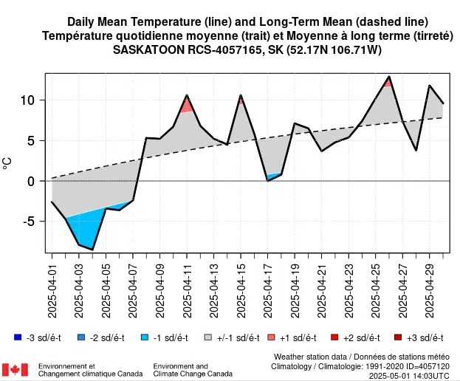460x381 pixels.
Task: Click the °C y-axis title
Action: pyautogui.click(x=8, y=161)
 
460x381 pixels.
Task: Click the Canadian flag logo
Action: pyautogui.click(x=15, y=369)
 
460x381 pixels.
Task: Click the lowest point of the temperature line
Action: pyautogui.click(x=92, y=250)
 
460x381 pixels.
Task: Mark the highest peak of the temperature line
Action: pyautogui.click(x=389, y=76)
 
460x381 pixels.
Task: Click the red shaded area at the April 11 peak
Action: pyautogui.click(x=187, y=106)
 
